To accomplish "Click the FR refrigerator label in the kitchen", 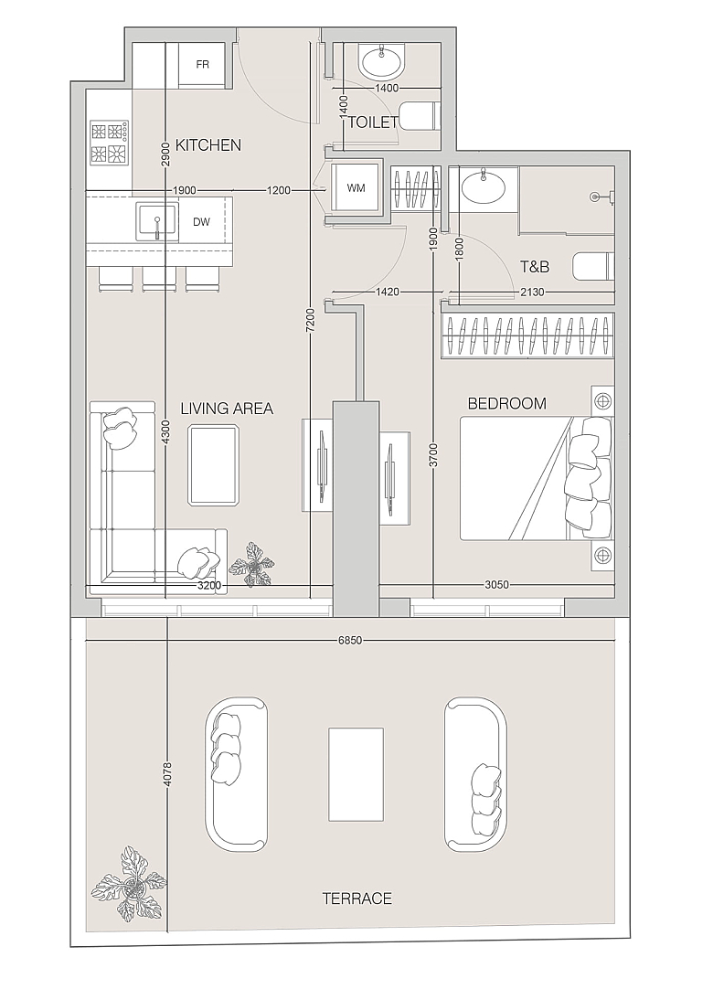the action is (203, 64).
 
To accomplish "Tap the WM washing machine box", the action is (356, 188).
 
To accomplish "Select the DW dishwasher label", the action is (201, 222).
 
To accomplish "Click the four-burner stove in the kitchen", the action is (111, 144).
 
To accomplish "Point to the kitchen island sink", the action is (156, 222).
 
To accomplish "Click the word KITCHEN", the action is (208, 145).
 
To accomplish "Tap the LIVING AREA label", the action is (227, 409).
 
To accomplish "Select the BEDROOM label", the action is (506, 404).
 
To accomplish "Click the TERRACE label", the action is (357, 899).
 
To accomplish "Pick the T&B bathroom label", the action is (535, 267).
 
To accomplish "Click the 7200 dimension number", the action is (311, 321).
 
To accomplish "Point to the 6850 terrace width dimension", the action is (350, 641).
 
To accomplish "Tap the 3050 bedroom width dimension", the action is (496, 585).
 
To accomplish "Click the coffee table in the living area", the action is (214, 465).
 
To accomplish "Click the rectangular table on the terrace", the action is (356, 774).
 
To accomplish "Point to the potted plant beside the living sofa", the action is (251, 565).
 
